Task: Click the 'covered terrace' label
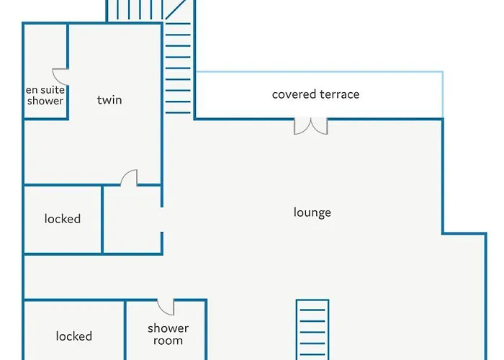pos(315,94)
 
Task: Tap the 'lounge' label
pos(312,212)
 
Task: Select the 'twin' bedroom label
pos(109,100)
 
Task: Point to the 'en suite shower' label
pos(45,95)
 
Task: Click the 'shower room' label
pos(168,335)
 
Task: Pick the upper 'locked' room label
pos(63,219)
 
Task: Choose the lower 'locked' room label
pos(74,336)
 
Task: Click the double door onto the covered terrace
pos(311,127)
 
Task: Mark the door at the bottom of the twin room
pos(129,178)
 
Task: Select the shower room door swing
pos(166,307)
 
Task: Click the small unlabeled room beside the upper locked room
pos(132,219)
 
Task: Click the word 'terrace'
pos(338,94)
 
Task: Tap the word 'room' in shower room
pos(168,341)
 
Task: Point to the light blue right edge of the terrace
pos(442,94)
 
